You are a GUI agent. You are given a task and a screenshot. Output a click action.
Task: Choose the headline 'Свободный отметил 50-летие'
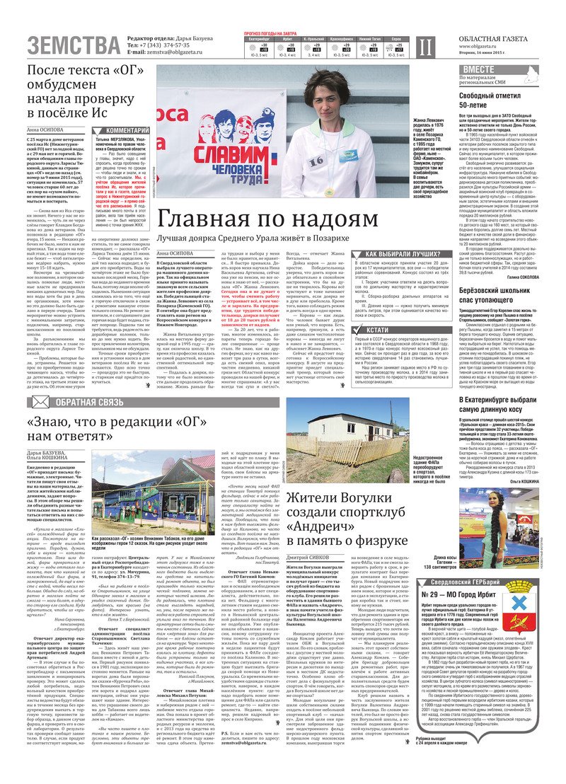coord(494,100)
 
